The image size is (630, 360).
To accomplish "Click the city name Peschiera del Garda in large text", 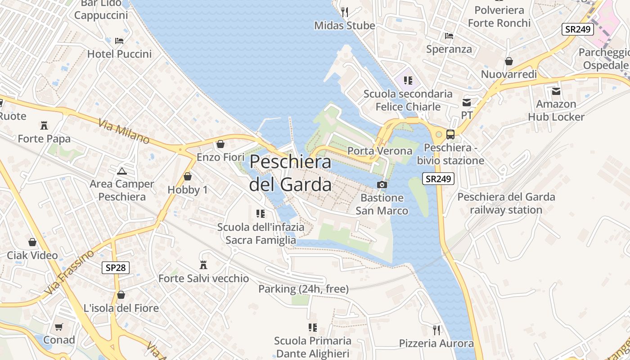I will [x=290, y=173].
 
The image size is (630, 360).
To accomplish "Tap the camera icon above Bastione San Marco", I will [x=382, y=184].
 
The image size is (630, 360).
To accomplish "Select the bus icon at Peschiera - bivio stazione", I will [x=450, y=134].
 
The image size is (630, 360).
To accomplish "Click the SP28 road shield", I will [x=116, y=268].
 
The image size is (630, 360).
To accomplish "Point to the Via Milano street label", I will [x=124, y=131].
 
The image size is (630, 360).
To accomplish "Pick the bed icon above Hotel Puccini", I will [x=119, y=41].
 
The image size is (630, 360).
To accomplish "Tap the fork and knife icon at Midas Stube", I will [x=345, y=12].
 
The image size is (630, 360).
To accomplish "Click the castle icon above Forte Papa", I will [x=44, y=125].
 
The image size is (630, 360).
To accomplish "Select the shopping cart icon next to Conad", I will [x=59, y=327].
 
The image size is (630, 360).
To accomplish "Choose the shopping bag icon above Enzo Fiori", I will [x=220, y=144].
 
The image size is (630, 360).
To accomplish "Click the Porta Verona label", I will [x=380, y=151].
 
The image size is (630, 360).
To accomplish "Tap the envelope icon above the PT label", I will [x=467, y=103].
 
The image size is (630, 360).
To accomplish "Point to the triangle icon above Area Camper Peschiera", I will [x=121, y=171].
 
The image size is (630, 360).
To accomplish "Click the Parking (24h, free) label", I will [x=303, y=289].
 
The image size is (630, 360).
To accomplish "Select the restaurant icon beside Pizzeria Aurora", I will [x=436, y=330].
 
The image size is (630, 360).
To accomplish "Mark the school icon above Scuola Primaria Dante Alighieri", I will [x=312, y=327].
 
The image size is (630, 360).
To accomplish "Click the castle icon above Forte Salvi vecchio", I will [x=203, y=265].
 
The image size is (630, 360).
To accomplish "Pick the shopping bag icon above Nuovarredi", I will [x=509, y=61].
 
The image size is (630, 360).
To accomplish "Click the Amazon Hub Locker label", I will [x=556, y=110].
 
